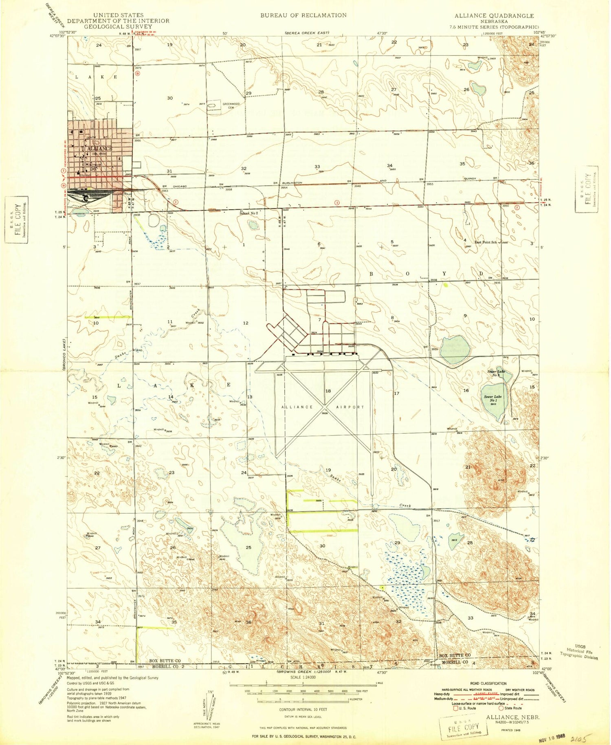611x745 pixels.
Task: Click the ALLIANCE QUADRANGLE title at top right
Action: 494,16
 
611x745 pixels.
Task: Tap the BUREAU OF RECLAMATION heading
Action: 303,15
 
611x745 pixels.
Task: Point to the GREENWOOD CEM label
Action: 229,105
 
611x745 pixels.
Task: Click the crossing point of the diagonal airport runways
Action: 325,406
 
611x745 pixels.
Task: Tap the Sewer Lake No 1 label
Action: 493,398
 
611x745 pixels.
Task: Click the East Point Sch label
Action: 486,242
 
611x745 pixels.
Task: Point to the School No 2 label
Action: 248,213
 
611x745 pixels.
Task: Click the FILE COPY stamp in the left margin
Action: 17,220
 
